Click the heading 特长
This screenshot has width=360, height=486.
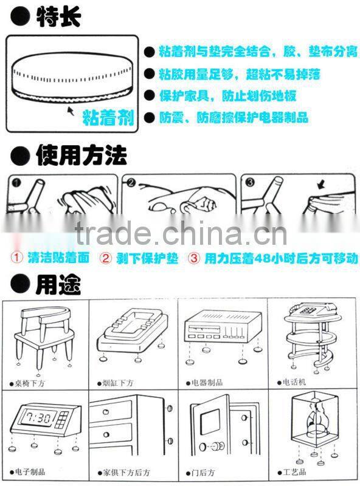(x=58, y=16)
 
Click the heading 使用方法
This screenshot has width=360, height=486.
(x=81, y=156)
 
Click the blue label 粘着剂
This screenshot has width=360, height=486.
(x=108, y=117)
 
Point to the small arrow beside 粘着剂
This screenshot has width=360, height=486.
(x=71, y=111)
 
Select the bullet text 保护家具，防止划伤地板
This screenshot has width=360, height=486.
(x=228, y=96)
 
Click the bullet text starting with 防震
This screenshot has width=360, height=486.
(x=234, y=117)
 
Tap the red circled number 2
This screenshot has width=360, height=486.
(x=105, y=258)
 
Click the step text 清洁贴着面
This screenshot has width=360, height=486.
(x=58, y=258)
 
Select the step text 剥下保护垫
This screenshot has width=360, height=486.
(x=147, y=258)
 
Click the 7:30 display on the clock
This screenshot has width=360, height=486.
(x=38, y=418)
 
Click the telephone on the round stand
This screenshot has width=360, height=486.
(x=312, y=309)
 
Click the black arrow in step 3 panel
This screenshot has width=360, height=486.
(x=321, y=186)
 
